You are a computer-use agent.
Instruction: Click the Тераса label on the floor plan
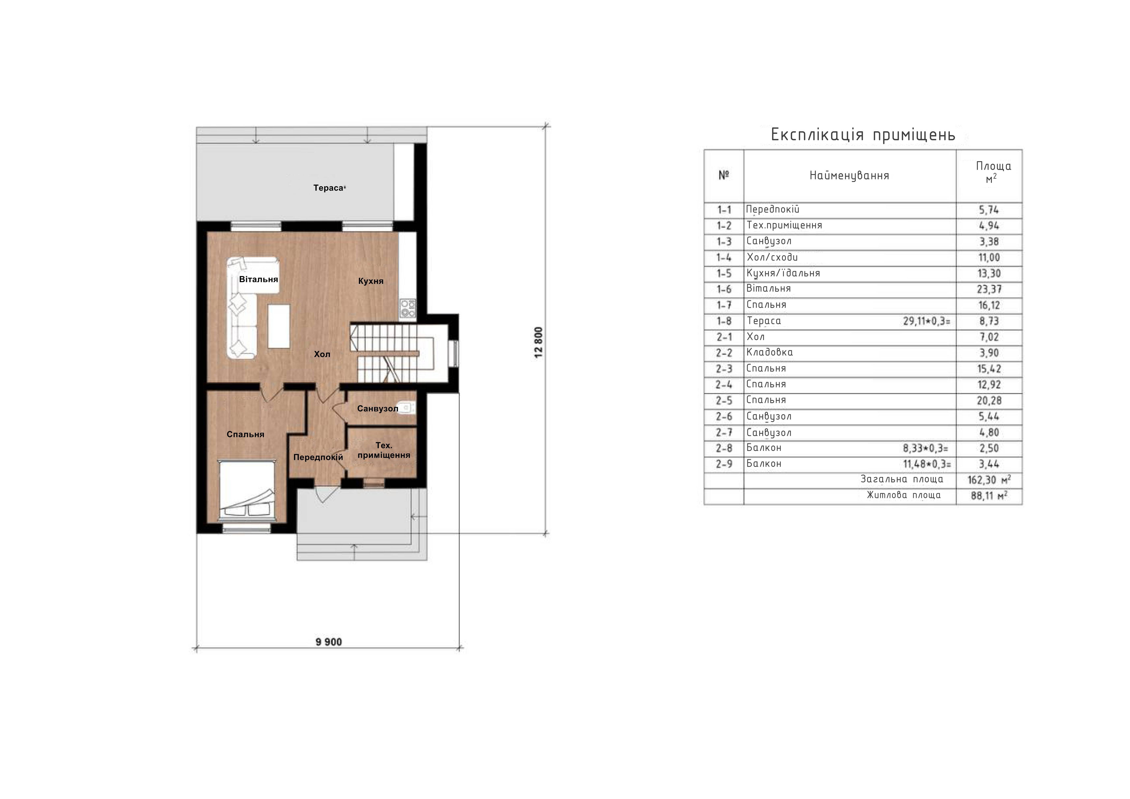pos(328,188)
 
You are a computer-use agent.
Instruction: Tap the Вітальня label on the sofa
pos(258,279)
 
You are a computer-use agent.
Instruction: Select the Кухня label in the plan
pos(371,281)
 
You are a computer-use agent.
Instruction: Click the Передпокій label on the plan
pos(318,457)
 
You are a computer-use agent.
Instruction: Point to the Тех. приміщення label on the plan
pos(384,450)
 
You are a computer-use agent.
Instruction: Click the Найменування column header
pos(850,176)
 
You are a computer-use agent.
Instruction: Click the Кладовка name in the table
pos(769,352)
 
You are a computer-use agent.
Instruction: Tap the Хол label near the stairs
pos(322,354)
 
